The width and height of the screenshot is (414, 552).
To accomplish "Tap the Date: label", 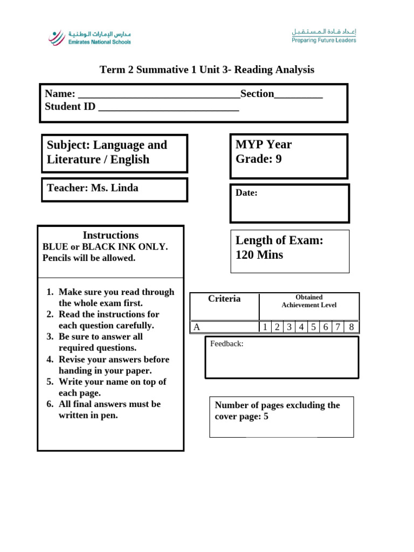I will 246,193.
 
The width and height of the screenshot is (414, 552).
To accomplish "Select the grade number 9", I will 278,159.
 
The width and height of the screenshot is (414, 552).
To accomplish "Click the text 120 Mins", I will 259,255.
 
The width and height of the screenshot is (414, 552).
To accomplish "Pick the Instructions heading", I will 111,236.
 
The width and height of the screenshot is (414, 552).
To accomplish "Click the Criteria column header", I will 224,299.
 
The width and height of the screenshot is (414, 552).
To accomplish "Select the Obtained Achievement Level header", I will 309,301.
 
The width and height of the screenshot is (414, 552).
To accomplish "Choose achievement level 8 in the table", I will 351,327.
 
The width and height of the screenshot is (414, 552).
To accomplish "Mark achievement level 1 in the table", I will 265,327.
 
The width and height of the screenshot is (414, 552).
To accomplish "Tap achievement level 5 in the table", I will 313,327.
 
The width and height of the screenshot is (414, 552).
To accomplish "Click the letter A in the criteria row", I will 197,327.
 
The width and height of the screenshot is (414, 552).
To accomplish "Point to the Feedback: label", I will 227,343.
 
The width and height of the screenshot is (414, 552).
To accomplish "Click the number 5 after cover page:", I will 266,417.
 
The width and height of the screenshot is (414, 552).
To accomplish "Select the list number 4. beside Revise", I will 50,360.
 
